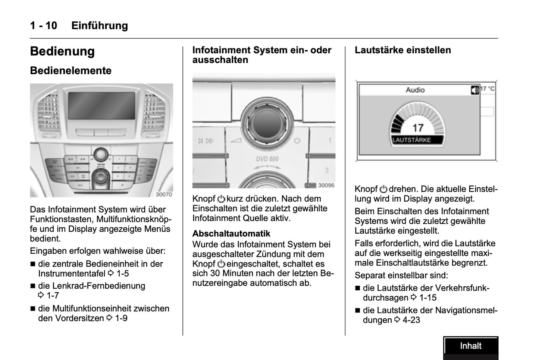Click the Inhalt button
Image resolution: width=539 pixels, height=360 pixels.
470,346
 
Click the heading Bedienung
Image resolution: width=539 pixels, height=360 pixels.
62,51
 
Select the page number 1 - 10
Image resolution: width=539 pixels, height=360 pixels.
44,26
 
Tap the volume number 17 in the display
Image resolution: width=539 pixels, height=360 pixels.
418,128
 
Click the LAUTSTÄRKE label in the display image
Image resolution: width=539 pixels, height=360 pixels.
412,140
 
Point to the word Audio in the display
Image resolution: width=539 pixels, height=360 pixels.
415,90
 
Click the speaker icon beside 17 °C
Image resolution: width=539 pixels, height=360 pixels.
474,90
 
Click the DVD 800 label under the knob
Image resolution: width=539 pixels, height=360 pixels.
267,159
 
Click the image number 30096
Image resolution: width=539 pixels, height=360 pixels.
326,185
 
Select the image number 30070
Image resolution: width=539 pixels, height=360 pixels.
164,194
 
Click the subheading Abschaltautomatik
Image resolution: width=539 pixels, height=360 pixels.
231,234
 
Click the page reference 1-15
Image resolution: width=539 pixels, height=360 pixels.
427,298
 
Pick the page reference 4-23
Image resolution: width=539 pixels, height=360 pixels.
411,320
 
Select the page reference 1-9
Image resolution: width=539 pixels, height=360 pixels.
121,318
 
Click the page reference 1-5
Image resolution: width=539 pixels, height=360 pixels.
122,274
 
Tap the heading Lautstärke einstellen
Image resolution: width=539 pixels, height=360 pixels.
402,50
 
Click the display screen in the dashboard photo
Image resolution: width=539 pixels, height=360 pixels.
101,105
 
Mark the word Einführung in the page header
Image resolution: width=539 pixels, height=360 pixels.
100,26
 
